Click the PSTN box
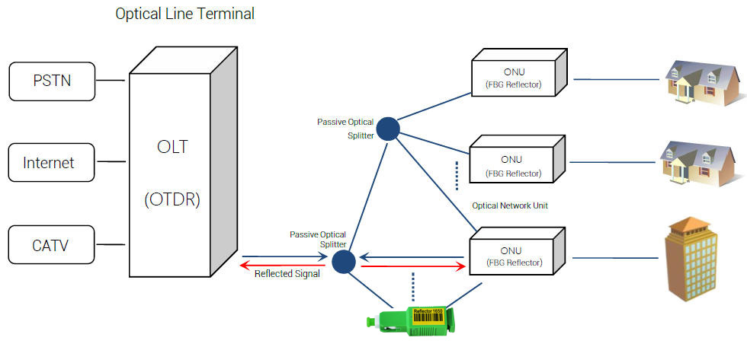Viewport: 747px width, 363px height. coord(53,81)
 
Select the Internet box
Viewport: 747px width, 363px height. coord(51,162)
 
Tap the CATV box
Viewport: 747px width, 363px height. coord(51,244)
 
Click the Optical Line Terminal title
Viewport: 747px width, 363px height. coord(184,14)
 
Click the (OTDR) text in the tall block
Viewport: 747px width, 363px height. coord(172,200)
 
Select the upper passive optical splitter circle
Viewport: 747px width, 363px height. coord(388,129)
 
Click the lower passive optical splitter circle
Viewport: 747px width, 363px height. coord(344,262)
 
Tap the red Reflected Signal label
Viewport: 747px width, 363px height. coord(287,274)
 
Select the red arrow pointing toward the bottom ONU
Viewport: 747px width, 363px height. coord(412,266)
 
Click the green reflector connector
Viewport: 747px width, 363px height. coord(411,319)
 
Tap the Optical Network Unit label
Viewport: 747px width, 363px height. coord(510,205)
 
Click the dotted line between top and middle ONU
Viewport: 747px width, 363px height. coord(457,175)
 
